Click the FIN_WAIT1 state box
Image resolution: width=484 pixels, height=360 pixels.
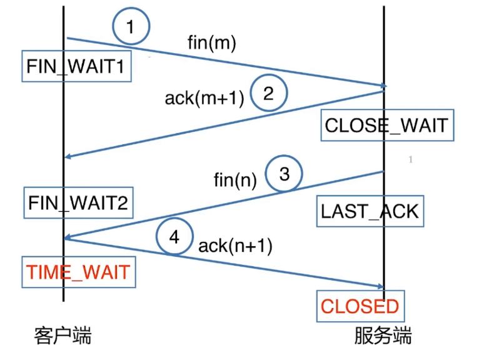pyautogui.click(x=77, y=66)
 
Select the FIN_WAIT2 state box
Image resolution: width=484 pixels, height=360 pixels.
pyautogui.click(x=78, y=202)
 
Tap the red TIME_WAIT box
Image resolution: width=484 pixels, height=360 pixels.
pyautogui.click(x=78, y=272)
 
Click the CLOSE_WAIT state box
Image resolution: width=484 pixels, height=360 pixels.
pyautogui.click(x=386, y=125)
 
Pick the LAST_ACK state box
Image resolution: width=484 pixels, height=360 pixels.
pyautogui.click(x=370, y=211)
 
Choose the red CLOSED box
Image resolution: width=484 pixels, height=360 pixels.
pyautogui.click(x=360, y=306)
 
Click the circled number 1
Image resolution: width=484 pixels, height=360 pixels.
pyautogui.click(x=131, y=27)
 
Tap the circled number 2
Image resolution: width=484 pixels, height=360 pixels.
pyautogui.click(x=268, y=94)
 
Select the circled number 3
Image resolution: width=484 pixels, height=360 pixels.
pyautogui.click(x=284, y=174)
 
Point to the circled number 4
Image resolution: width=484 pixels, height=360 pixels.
pyautogui.click(x=174, y=237)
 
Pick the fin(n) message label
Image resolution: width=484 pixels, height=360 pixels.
pyautogui.click(x=236, y=181)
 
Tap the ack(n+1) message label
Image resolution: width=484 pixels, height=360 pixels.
pyautogui.click(x=235, y=246)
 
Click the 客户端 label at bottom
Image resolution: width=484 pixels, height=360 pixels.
pyautogui.click(x=62, y=336)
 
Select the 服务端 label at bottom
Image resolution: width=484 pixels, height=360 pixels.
pyautogui.click(x=383, y=336)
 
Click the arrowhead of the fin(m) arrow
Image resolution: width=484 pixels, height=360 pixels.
pyautogui.click(x=383, y=86)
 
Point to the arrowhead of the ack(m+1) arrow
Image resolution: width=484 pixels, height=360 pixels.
pyautogui.click(x=68, y=157)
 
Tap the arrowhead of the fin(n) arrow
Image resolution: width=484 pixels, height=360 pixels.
pyautogui.click(x=68, y=238)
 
